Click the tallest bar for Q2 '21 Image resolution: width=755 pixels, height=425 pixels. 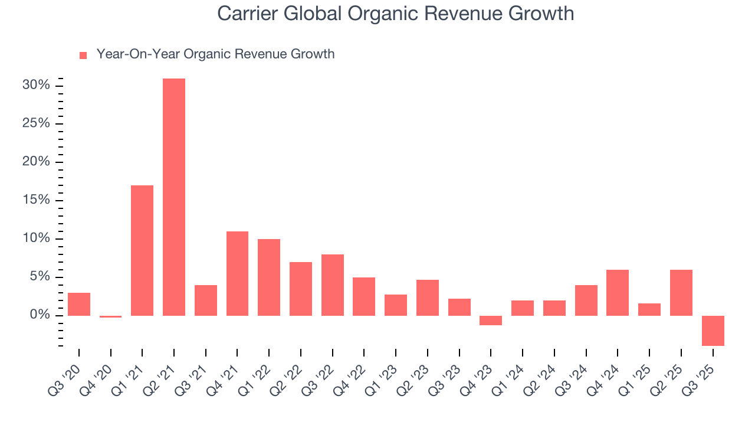174,197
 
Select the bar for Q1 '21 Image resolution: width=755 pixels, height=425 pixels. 142,250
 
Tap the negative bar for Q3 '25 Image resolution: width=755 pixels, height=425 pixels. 713,331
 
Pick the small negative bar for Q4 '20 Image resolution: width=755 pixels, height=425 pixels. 110,316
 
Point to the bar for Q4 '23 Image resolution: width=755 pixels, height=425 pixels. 491,321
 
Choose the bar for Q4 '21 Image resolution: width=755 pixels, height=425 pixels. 237,273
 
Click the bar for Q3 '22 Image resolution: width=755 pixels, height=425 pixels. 333,285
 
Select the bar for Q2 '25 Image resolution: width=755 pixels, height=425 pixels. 681,293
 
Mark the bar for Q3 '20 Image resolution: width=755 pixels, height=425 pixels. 79,304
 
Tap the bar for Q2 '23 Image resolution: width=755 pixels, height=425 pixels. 428,297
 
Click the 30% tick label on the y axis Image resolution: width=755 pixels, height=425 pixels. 36,85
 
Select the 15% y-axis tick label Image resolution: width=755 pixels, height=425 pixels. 36,200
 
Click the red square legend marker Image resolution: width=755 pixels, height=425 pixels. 83,55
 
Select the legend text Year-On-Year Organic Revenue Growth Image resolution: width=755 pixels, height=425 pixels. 215,54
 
